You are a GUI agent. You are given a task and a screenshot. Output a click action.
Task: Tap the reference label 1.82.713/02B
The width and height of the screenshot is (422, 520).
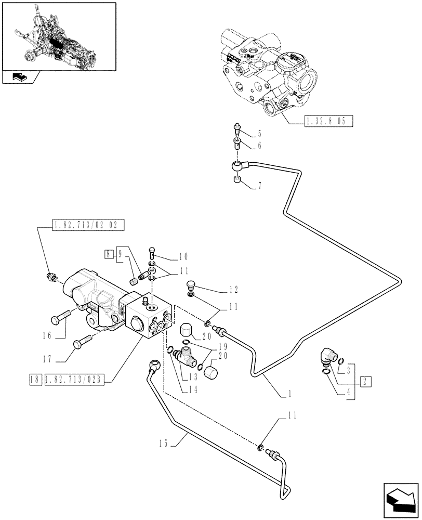75,381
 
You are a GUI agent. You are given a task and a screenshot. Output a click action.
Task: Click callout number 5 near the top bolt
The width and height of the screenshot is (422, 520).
259,134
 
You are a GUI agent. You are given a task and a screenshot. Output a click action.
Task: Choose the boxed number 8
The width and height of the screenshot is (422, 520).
108,254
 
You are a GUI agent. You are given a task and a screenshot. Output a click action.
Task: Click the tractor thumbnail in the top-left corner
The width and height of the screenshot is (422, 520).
58,36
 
